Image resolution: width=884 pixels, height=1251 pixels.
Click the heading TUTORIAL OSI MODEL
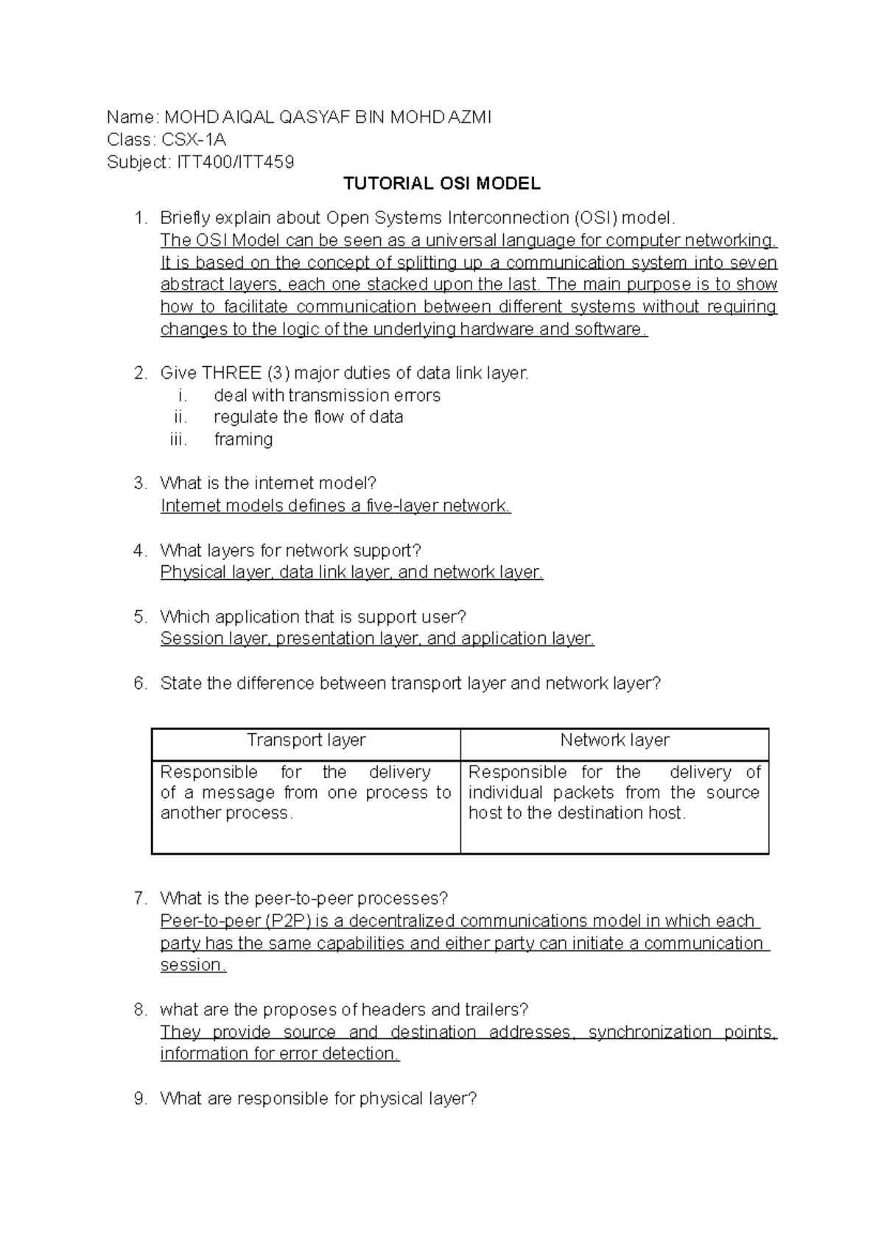[x=442, y=183]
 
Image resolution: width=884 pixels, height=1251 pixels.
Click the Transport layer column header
[x=306, y=740]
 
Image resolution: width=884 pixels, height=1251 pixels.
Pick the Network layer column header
[x=614, y=740]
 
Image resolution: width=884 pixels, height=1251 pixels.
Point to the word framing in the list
[x=243, y=439]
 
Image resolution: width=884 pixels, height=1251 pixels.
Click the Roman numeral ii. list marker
[x=180, y=417]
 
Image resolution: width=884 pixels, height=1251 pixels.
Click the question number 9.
[x=141, y=1098]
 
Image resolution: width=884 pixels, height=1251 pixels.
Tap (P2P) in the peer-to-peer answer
[x=288, y=921]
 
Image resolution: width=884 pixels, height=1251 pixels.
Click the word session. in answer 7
[x=193, y=965]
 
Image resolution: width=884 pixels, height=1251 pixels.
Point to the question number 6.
[x=141, y=683]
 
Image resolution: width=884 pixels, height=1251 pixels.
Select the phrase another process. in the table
[x=226, y=813]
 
